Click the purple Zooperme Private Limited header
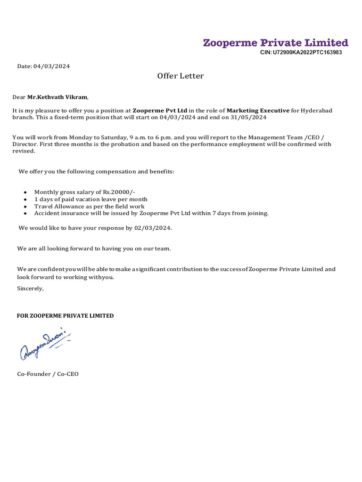click(x=275, y=43)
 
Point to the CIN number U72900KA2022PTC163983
click(x=301, y=53)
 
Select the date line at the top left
click(x=43, y=66)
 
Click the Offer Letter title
click(x=181, y=76)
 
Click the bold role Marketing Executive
click(x=258, y=110)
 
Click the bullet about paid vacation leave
click(x=90, y=199)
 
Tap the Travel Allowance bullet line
click(x=89, y=206)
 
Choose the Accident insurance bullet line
click(x=151, y=213)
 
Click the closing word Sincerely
click(x=30, y=288)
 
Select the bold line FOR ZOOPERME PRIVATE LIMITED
click(x=65, y=316)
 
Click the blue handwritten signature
click(x=45, y=344)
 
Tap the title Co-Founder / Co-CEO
click(x=48, y=374)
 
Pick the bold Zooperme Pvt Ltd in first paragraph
click(x=160, y=110)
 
